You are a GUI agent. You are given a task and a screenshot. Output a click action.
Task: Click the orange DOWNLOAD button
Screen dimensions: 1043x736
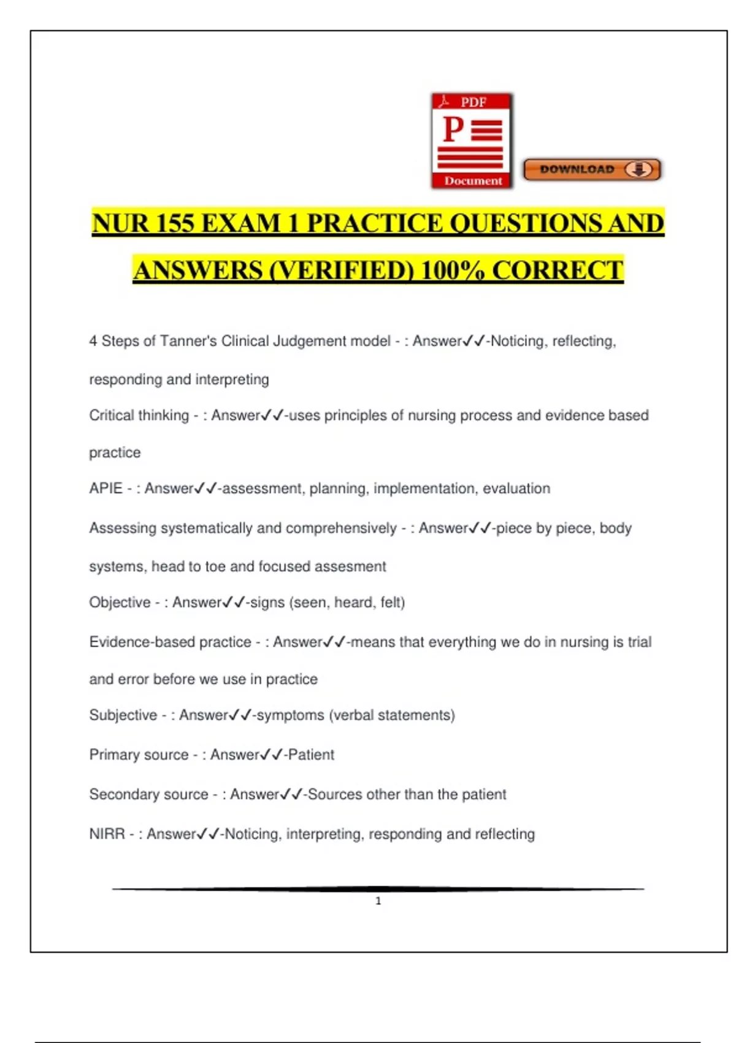592,169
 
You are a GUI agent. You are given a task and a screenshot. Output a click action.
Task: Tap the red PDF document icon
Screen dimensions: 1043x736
472,141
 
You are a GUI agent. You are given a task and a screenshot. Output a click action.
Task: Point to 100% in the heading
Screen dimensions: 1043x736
453,270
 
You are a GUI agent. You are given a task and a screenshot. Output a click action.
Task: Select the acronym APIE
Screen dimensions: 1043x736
105,488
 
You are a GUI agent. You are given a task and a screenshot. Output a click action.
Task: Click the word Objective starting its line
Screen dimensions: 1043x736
120,602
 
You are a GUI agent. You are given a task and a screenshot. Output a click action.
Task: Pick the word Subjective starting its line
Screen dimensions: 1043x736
123,715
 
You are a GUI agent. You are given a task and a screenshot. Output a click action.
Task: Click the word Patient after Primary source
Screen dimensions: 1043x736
311,755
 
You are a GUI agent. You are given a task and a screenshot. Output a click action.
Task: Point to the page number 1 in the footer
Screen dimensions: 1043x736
378,901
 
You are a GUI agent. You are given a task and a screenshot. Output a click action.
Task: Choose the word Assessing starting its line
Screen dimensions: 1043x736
122,528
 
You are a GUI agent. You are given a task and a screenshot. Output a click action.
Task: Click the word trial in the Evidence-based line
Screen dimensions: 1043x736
639,642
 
